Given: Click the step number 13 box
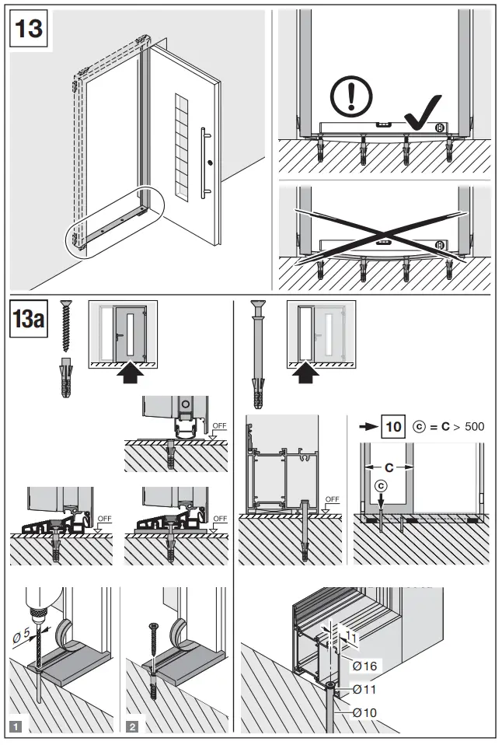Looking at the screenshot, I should tap(29, 30).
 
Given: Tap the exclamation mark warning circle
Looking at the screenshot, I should tap(351, 97).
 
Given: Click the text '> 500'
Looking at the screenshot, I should tap(469, 428).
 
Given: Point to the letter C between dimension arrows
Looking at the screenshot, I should tap(388, 467).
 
